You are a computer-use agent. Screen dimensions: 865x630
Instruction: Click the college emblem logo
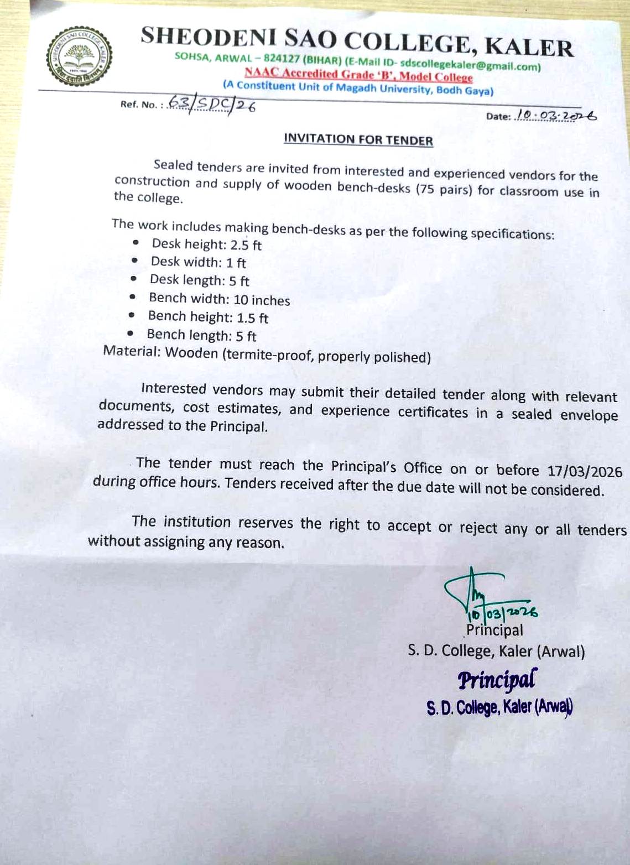click(80, 56)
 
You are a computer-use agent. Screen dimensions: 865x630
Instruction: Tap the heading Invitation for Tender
click(358, 139)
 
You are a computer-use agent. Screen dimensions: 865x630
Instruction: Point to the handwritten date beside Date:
click(555, 116)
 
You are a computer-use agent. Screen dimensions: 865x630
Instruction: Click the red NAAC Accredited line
click(358, 75)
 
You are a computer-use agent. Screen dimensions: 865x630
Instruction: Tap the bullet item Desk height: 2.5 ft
click(206, 244)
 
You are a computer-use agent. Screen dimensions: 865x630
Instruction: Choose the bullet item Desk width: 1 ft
click(198, 262)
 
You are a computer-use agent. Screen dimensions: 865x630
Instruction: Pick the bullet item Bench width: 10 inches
click(219, 299)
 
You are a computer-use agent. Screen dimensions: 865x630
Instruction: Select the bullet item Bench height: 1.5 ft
click(208, 317)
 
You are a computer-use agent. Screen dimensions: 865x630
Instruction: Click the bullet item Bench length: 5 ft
click(201, 336)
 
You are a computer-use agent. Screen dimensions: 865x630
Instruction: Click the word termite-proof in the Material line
click(269, 355)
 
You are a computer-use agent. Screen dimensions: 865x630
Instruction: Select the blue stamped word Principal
click(497, 679)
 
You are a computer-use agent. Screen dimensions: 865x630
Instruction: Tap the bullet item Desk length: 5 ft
click(199, 280)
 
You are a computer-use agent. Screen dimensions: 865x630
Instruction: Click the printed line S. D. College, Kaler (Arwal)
click(496, 651)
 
